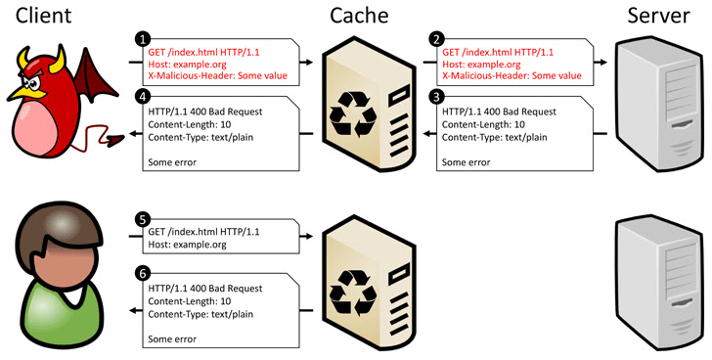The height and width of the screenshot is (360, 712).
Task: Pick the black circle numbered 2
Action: click(x=436, y=39)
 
